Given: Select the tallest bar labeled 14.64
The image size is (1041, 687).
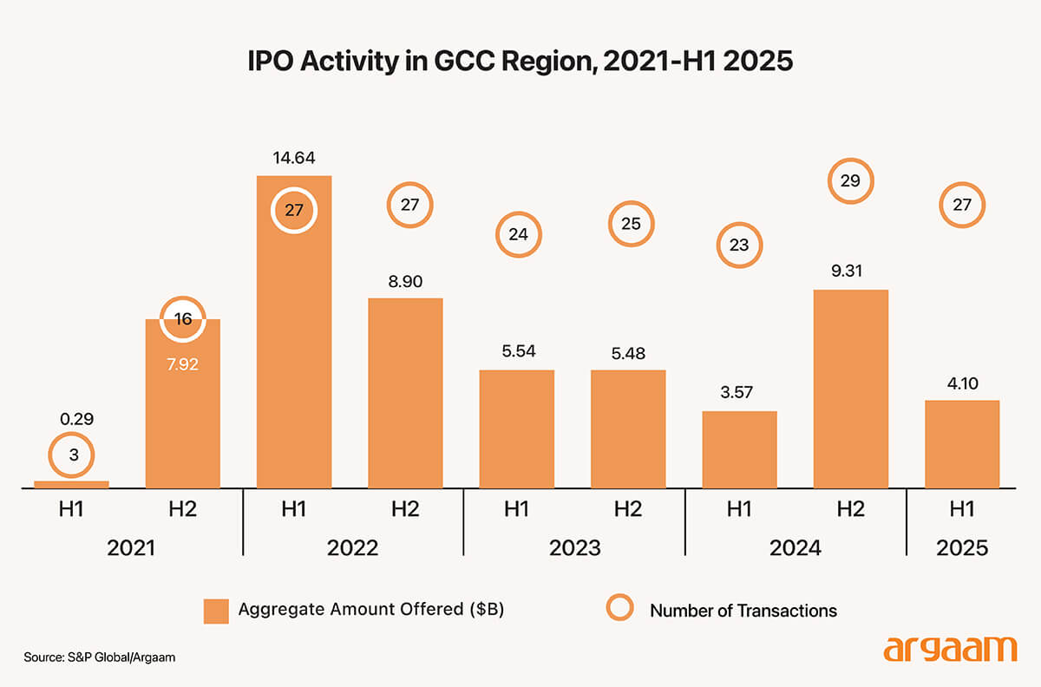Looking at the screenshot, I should pos(294,347).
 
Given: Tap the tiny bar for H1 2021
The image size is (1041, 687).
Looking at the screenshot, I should pos(71,484).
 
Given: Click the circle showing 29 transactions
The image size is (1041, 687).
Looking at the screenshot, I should pos(850,182).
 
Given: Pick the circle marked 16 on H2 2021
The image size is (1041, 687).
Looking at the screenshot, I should pos(183,318).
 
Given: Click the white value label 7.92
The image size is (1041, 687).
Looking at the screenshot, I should pos(183,364).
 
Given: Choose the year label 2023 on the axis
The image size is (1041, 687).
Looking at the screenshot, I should pos(575,548).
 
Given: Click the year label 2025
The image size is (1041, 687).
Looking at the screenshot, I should pos(961,548).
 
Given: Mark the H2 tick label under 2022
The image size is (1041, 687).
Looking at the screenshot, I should pos(405,510).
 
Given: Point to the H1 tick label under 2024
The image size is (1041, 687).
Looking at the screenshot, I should pos(739,510).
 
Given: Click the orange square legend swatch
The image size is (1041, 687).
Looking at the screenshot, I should pos(217,610).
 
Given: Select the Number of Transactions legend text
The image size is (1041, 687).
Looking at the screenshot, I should pos(743,611).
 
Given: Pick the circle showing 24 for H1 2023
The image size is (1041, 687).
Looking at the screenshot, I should pos(518,233).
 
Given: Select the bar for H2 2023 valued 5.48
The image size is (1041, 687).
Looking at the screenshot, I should pos(628,429).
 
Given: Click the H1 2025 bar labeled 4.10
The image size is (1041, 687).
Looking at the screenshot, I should pos(961,444).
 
